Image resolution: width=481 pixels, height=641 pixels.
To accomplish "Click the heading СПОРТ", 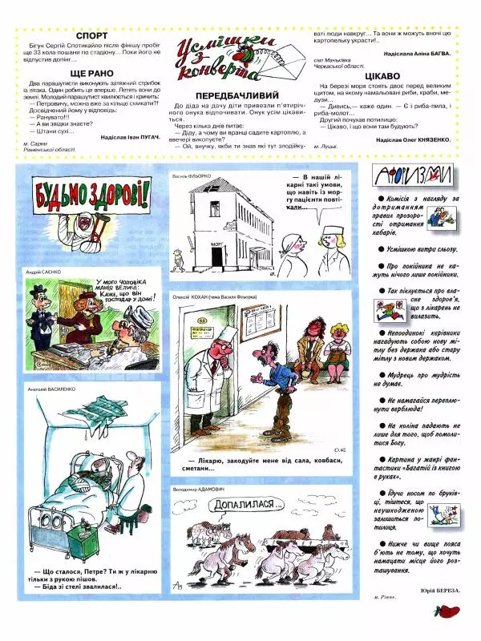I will (x=95, y=36).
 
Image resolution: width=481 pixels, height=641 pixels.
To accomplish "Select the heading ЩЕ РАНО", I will (x=95, y=72).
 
